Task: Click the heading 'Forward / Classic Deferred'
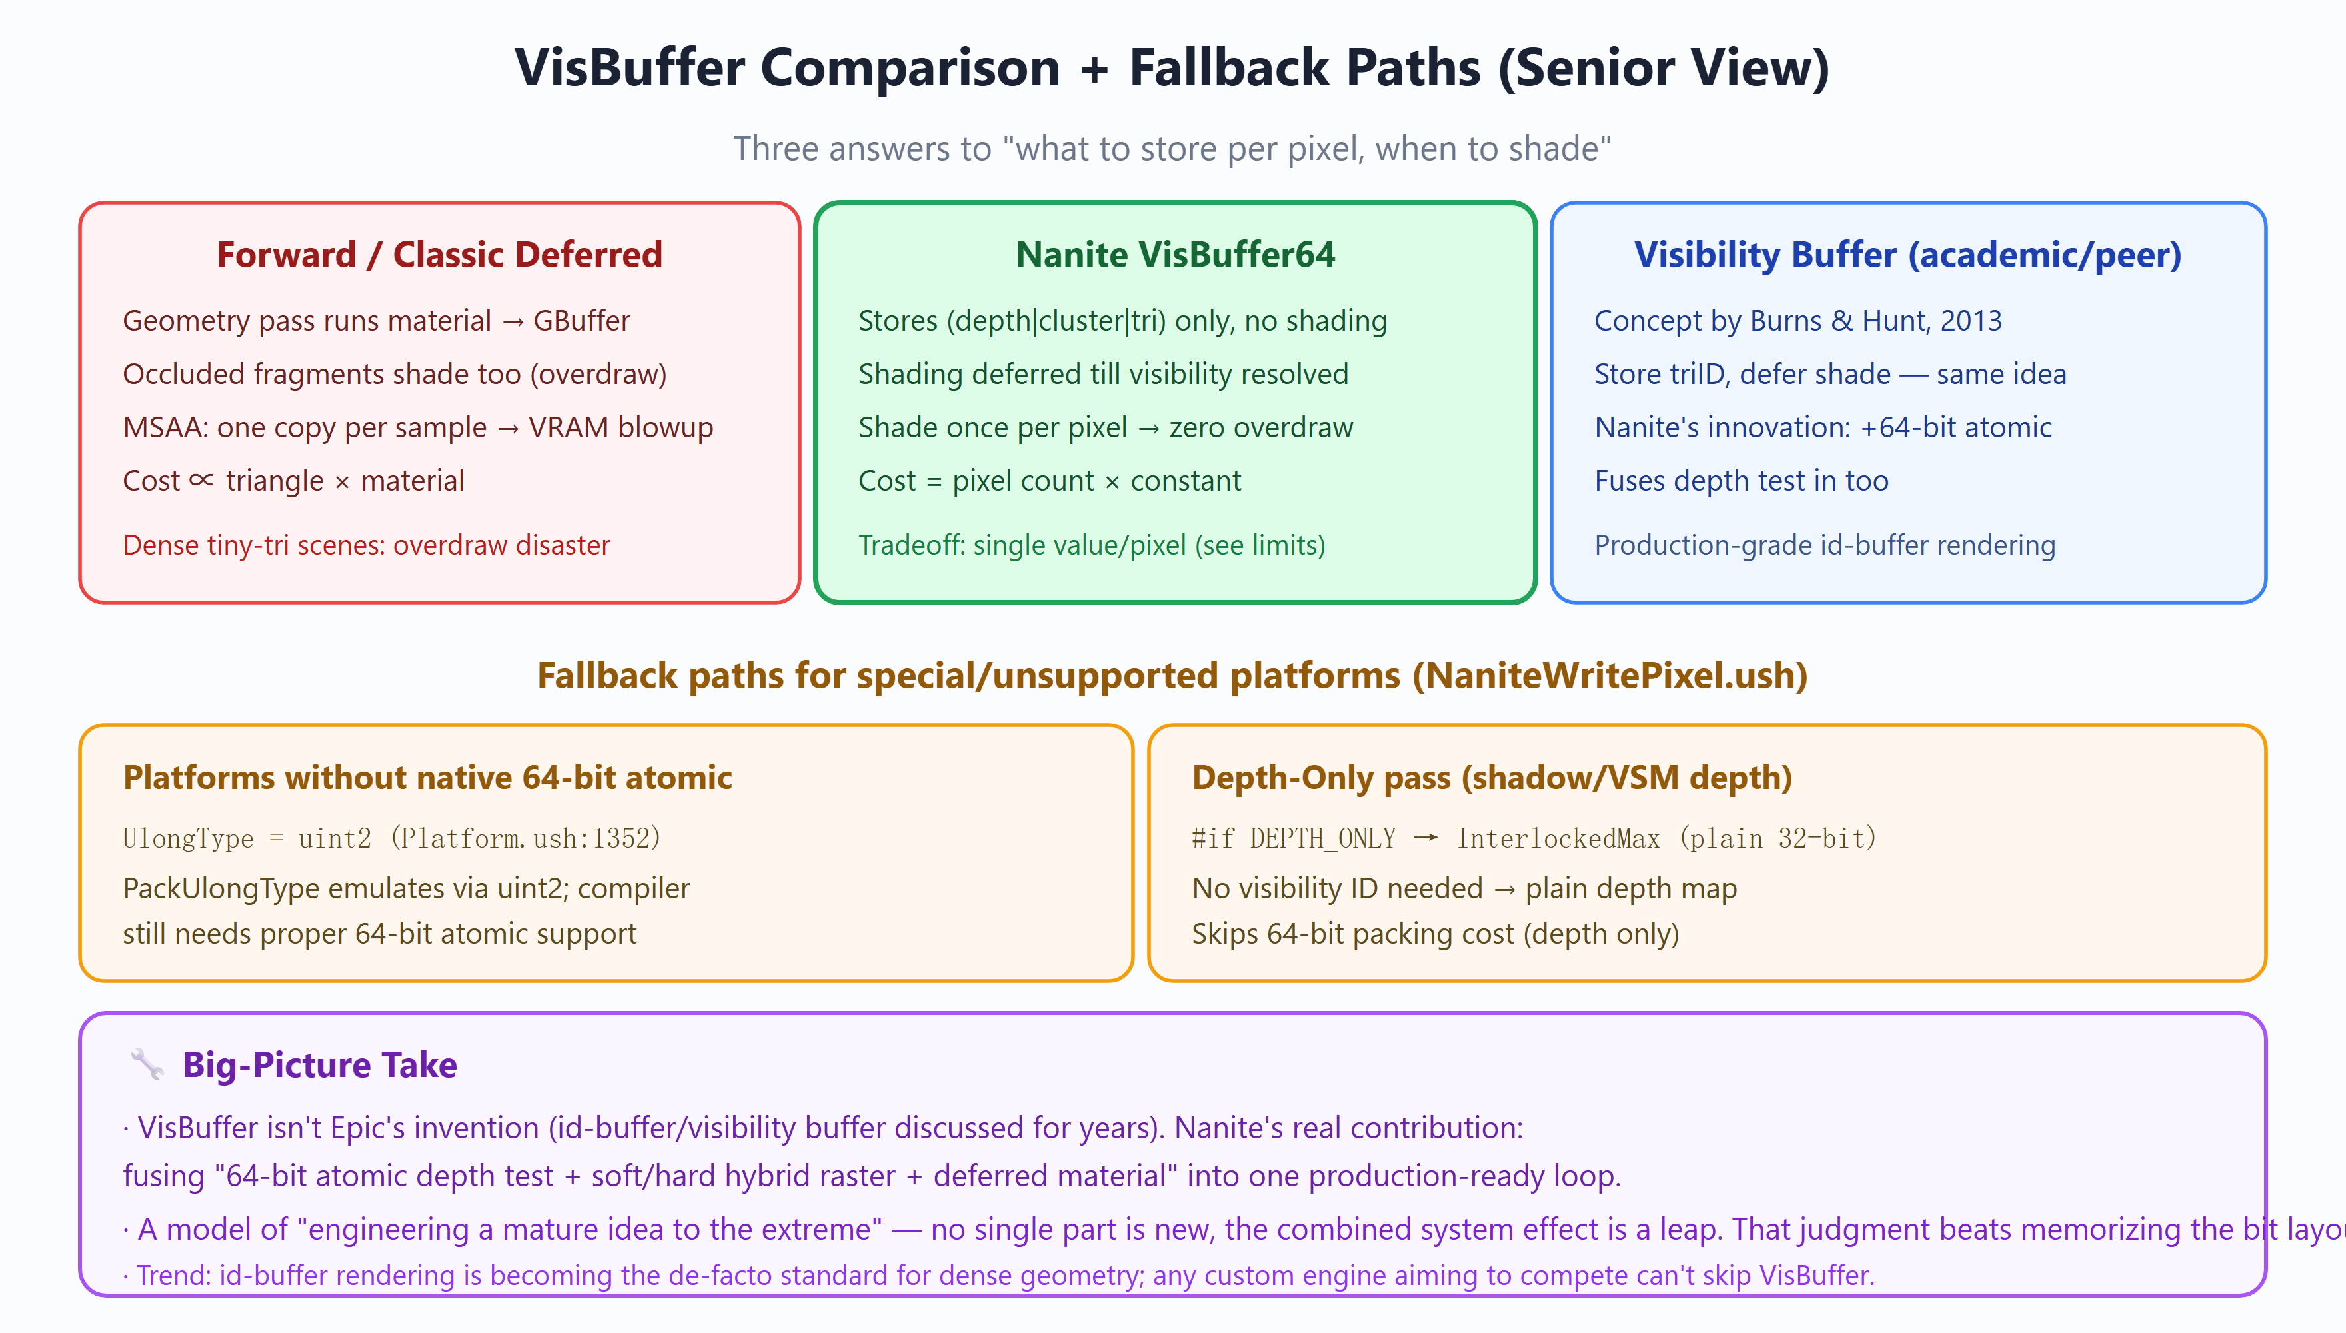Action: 439,255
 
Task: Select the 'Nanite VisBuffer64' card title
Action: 1175,255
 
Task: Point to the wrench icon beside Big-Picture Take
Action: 147,1065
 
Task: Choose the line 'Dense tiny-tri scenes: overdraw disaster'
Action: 366,545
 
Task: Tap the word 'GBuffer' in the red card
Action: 582,321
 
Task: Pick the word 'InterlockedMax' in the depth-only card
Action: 1558,838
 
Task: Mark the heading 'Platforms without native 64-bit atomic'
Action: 427,777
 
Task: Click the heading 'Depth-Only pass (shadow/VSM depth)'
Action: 1492,777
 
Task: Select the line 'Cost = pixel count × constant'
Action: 1050,481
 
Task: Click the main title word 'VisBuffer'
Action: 630,68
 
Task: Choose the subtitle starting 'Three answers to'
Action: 1172,149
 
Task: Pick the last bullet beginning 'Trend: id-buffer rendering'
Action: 998,1275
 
